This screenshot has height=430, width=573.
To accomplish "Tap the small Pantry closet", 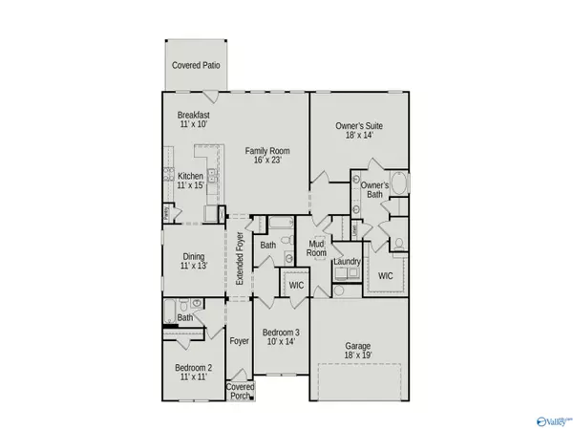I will click(166, 214).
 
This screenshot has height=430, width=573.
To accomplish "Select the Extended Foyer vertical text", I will click(241, 259).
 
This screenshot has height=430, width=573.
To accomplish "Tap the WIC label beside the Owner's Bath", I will click(386, 276).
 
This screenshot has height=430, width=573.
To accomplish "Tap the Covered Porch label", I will click(240, 392).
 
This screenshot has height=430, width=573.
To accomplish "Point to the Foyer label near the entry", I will click(239, 340).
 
